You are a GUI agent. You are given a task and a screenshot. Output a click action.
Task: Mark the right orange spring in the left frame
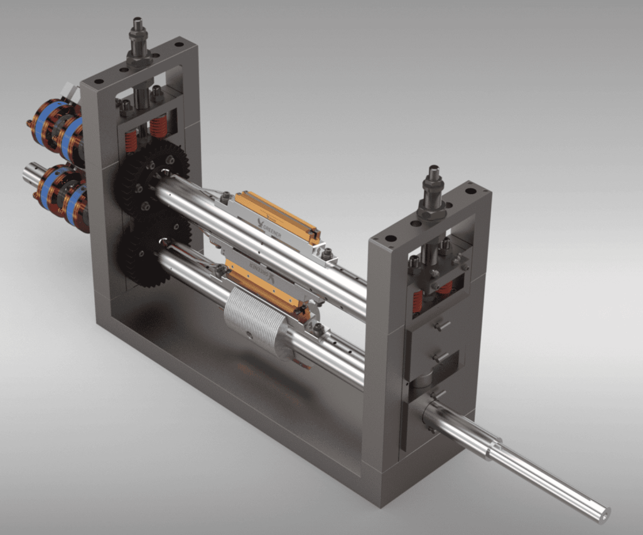[158, 127]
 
